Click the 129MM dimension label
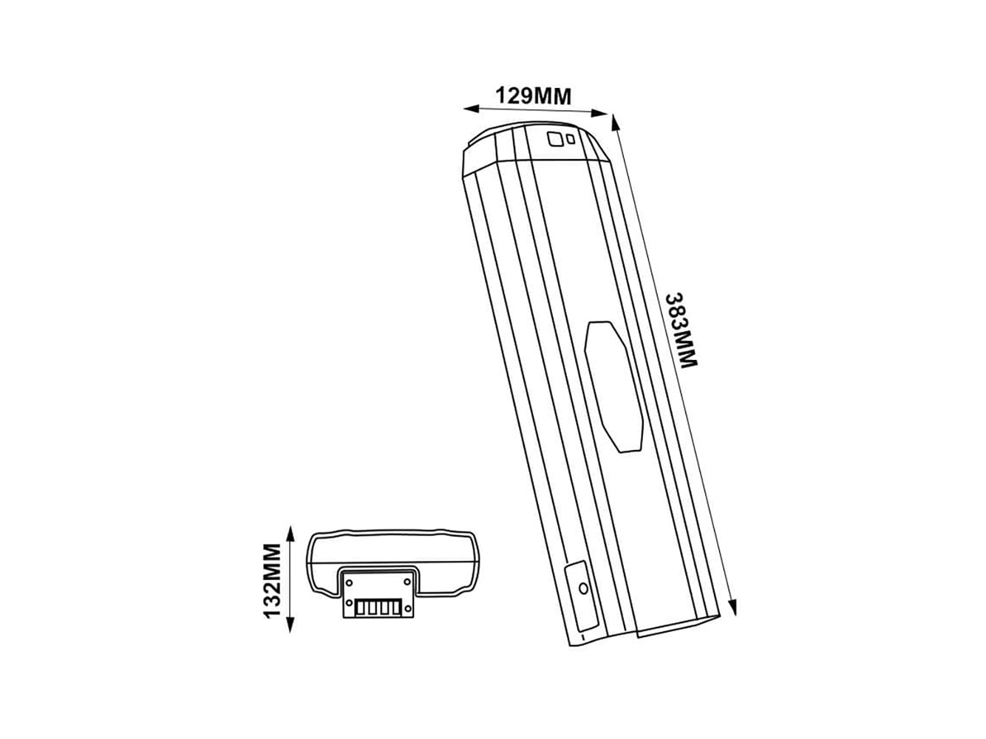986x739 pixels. (533, 95)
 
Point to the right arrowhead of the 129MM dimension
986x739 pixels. (599, 113)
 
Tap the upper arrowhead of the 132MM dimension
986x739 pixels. (290, 535)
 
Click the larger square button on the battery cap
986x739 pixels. (554, 139)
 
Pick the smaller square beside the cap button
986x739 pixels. (571, 139)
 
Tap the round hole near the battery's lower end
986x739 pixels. (583, 588)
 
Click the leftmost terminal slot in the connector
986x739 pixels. (361, 609)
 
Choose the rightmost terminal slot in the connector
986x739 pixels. (395, 609)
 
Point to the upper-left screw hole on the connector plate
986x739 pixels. (349, 582)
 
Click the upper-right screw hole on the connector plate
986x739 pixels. (407, 582)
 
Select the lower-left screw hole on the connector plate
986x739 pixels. (349, 602)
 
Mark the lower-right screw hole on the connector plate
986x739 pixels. (407, 608)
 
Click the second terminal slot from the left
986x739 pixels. (372, 609)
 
